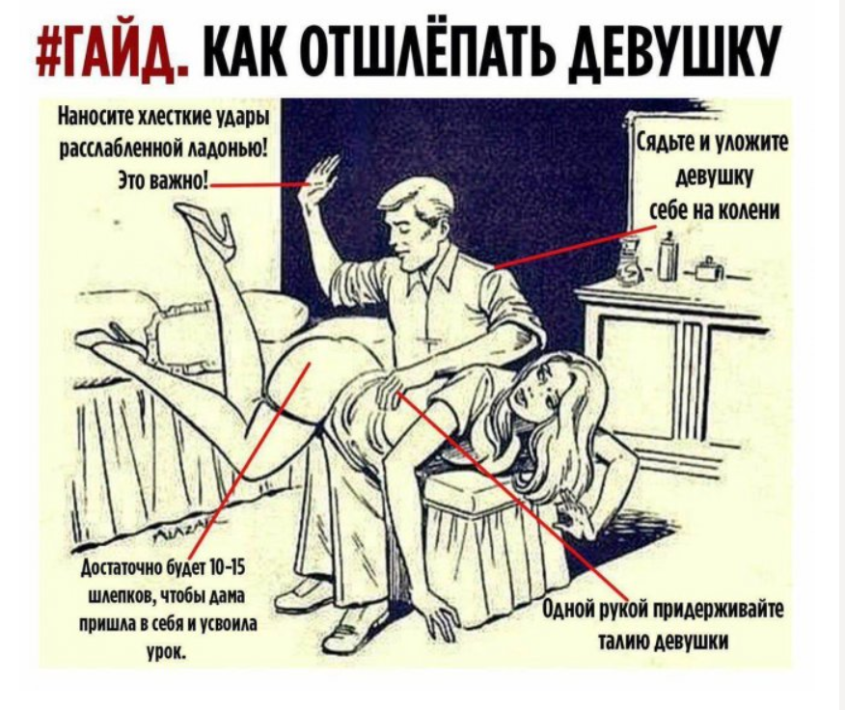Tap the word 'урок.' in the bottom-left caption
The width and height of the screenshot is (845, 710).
[165, 654]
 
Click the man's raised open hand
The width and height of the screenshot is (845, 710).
[321, 174]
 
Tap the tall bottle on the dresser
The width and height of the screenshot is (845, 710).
[668, 258]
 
